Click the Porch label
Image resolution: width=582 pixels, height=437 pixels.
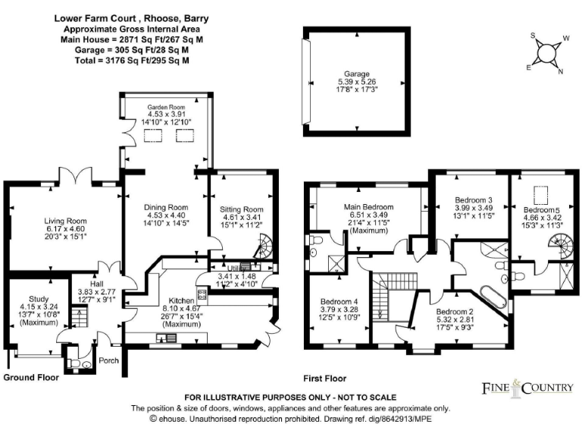click(x=108, y=360)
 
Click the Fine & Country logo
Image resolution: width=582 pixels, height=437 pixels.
click(x=528, y=388)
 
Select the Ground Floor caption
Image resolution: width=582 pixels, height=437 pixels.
click(x=30, y=377)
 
